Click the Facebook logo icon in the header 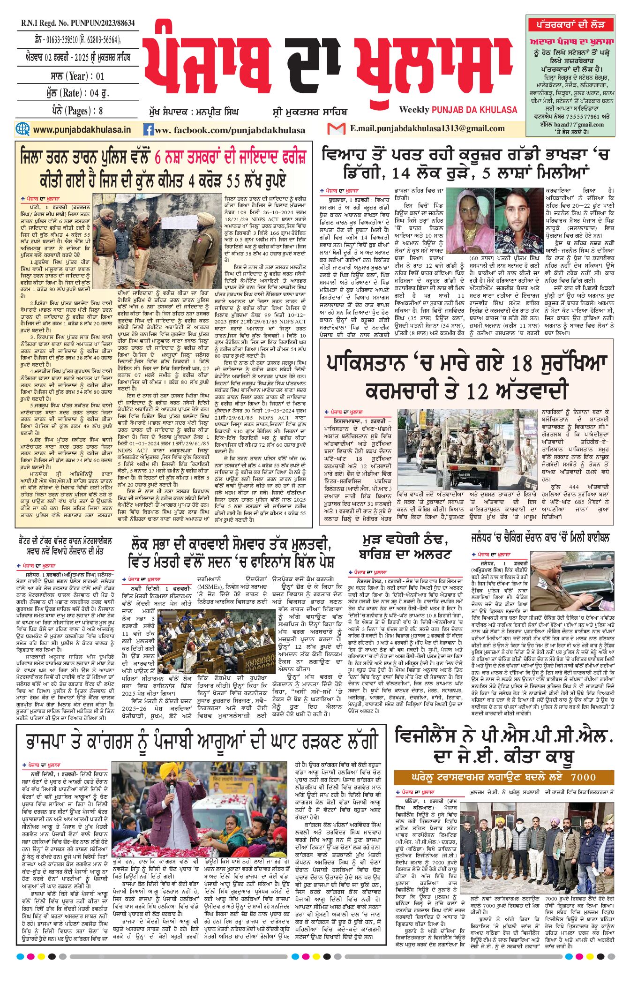pos(149,130)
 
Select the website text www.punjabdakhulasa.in pos(82,129)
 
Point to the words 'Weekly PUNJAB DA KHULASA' pos(458,110)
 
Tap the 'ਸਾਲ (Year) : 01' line pos(77,76)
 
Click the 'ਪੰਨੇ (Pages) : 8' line pos(77,111)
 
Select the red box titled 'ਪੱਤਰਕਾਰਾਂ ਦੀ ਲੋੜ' pos(570,24)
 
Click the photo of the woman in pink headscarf pos(469,221)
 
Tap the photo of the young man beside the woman pos(518,221)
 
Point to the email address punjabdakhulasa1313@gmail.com pos(427,128)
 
